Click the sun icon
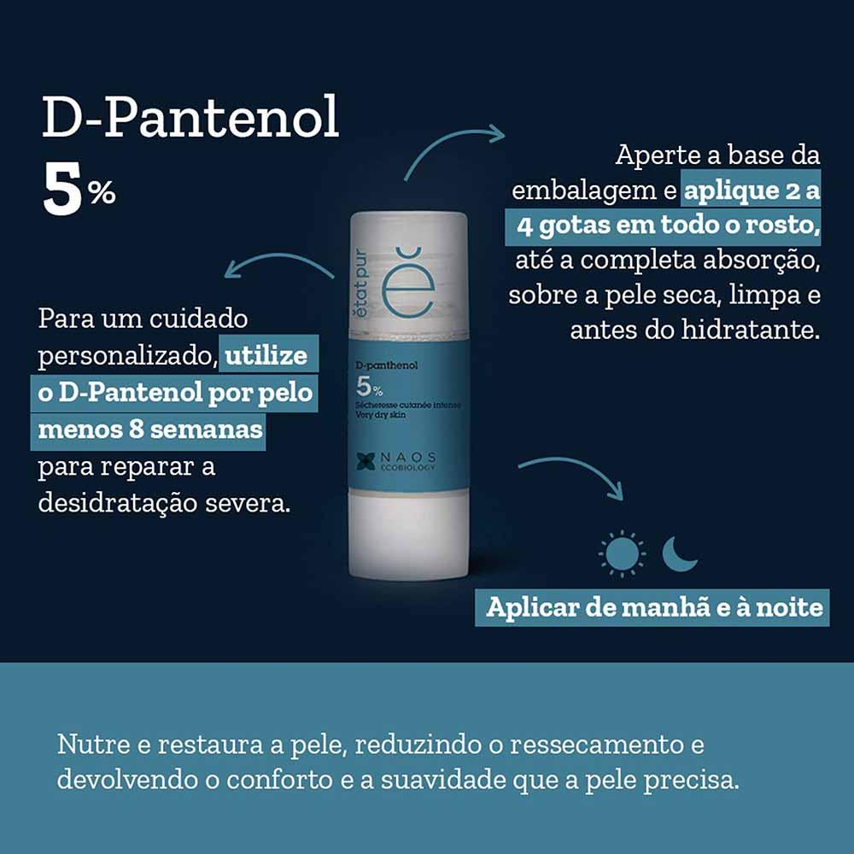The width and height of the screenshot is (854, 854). (623, 553)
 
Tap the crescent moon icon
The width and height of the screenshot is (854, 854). (681, 553)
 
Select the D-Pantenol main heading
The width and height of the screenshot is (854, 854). (190, 120)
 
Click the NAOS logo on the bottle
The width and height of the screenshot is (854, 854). (396, 459)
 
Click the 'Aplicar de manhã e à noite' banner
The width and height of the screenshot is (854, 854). (654, 607)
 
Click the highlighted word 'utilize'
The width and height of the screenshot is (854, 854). (266, 355)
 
